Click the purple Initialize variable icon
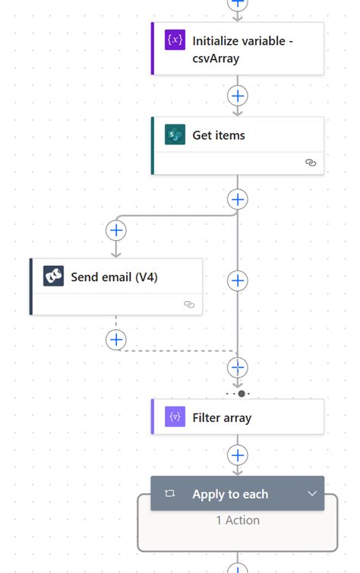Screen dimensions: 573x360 (175, 40)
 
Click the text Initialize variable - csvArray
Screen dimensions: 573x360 (242, 49)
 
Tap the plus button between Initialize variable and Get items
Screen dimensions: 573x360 (238, 96)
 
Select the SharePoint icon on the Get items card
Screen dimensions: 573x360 (175, 135)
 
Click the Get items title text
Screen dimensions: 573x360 (219, 135)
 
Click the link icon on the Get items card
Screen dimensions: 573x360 (310, 163)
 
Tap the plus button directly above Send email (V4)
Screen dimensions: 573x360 (116, 230)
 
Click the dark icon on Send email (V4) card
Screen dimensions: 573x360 (53, 277)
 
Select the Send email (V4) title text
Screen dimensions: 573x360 (114, 277)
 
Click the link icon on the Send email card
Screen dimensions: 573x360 (189, 304)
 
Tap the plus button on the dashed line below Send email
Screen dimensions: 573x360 (116, 340)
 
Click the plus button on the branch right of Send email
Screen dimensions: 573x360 (238, 280)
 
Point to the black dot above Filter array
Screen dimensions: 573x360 (242, 394)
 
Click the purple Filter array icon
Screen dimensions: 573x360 (175, 417)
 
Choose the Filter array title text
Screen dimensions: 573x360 (222, 417)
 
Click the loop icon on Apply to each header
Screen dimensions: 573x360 (170, 494)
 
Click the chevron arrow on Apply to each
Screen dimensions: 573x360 (311, 494)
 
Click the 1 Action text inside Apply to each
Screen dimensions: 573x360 (238, 521)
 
